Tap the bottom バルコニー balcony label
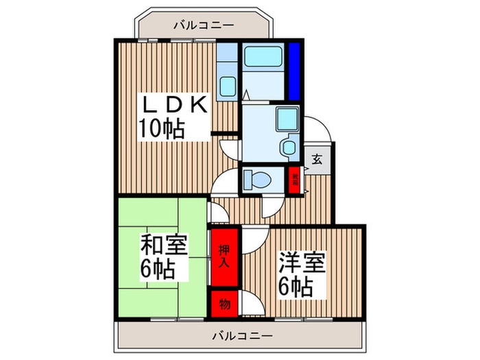pyautogui.click(x=241, y=337)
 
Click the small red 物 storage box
pyautogui.click(x=224, y=302)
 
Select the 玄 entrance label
pyautogui.click(x=317, y=159)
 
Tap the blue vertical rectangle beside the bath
pyautogui.click(x=294, y=71)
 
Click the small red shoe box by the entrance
pyautogui.click(x=294, y=181)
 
